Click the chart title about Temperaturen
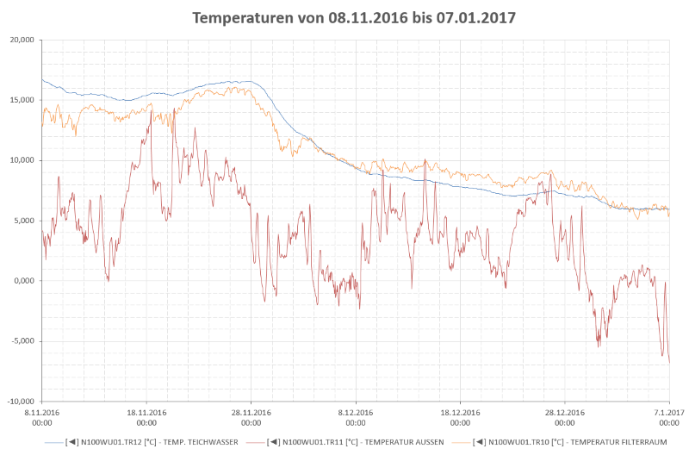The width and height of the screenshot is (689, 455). pos(354,17)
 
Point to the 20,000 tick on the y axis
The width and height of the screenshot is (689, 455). pos(19,40)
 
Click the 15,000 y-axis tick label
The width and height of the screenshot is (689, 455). pos(19,100)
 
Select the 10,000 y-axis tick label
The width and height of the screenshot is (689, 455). pos(19,160)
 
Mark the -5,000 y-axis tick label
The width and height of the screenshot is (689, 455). pos(20,341)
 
